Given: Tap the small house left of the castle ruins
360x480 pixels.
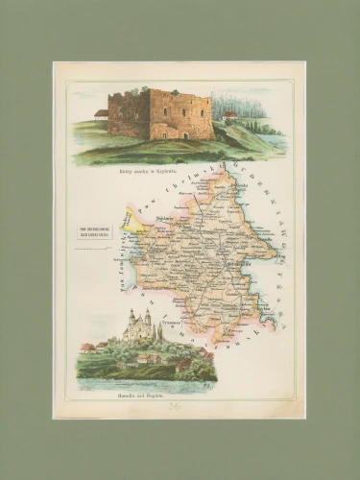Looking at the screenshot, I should pyautogui.click(x=101, y=114).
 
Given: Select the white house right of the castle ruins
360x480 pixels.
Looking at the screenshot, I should pyautogui.click(x=229, y=115).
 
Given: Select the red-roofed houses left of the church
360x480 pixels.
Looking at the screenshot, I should pyautogui.click(x=90, y=348).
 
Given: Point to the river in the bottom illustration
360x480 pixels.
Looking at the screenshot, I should pyautogui.click(x=144, y=383).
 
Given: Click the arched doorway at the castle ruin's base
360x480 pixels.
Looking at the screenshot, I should pyautogui.click(x=162, y=133).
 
